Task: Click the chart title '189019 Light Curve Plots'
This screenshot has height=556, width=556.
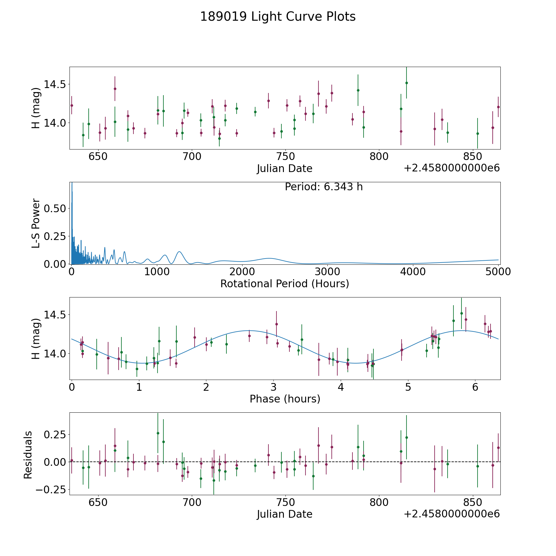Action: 278,17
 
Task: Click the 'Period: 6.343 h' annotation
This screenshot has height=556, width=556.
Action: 324,187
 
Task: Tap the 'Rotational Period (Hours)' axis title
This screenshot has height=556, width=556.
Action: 284,284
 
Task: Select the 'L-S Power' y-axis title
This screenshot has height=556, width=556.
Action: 36,223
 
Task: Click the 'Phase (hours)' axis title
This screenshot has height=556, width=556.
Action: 285,399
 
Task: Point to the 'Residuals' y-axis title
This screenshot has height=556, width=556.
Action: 28,455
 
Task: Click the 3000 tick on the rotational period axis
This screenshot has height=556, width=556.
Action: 327,272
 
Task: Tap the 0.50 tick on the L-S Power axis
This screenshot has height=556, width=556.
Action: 55,208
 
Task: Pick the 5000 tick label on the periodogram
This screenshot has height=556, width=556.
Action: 498,272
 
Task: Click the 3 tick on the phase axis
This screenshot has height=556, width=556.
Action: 273,387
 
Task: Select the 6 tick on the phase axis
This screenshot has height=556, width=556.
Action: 475,387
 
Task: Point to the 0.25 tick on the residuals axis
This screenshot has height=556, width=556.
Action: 55,435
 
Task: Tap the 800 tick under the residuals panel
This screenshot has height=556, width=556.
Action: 379,502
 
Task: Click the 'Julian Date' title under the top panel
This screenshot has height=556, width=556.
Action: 284,169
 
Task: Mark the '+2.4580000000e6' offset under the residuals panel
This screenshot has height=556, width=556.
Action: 452,514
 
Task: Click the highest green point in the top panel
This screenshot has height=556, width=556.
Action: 406,83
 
